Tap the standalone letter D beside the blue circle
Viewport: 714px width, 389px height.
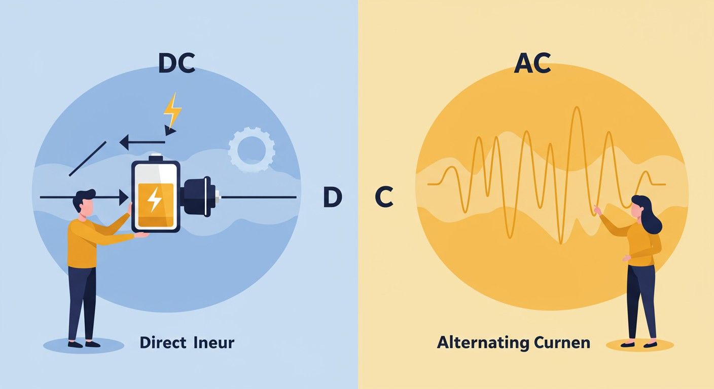[333, 198]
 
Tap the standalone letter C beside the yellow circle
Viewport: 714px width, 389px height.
[384, 198]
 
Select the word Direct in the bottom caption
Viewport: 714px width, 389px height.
[163, 343]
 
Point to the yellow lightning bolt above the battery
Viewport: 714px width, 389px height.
[172, 110]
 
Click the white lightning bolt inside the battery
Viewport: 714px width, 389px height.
[155, 199]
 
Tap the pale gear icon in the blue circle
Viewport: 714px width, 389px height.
[252, 149]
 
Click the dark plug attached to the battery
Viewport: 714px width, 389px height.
[199, 197]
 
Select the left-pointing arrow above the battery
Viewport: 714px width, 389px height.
[142, 142]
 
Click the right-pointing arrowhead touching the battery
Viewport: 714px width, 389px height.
[124, 198]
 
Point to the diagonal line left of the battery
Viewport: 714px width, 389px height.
[88, 159]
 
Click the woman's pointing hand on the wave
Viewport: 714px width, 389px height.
[597, 210]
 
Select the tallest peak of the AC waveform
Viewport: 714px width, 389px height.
[577, 110]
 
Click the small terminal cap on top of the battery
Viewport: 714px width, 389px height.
[156, 157]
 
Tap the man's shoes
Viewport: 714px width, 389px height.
[84, 344]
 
